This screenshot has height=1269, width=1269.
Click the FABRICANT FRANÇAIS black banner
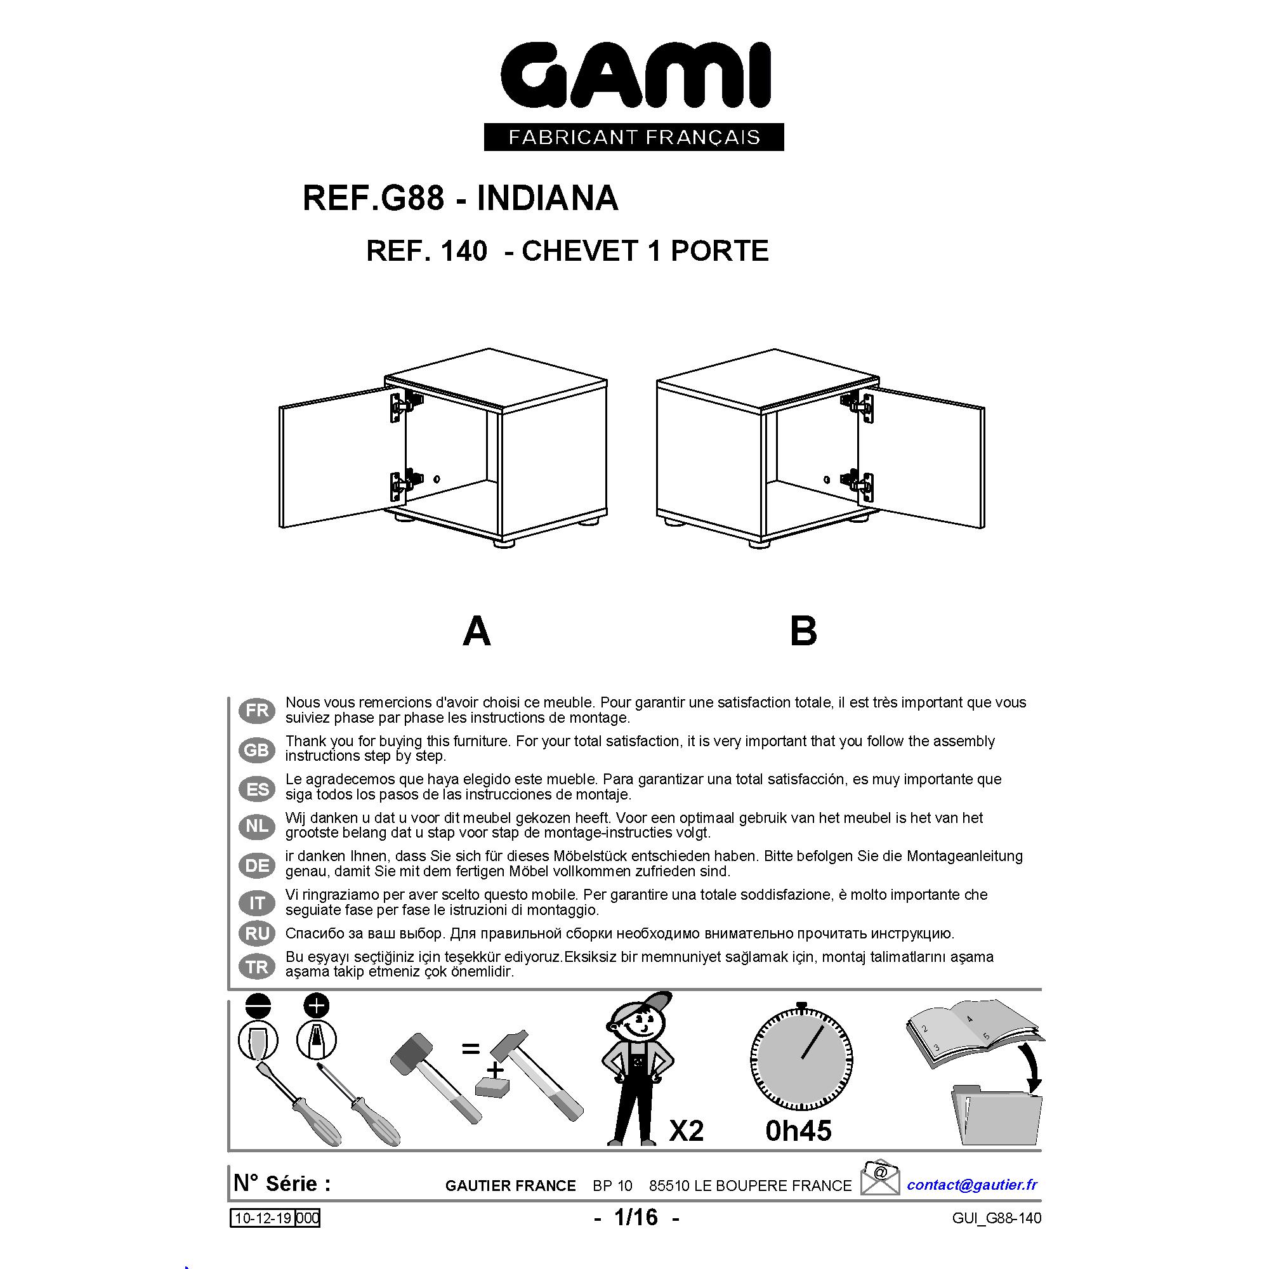pos(634,137)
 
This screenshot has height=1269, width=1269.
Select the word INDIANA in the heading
pos(548,198)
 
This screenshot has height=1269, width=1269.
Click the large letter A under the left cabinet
pos(477,631)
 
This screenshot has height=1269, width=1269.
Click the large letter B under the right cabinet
pos(803,631)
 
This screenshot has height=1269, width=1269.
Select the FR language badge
pos(257,710)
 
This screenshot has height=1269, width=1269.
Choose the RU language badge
pos(257,933)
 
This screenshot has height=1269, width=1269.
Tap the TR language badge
pos(257,966)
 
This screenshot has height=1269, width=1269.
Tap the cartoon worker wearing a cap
pos(637,1070)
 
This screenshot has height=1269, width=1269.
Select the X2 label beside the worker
pos(687,1131)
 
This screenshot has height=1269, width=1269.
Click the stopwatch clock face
pos(801,1058)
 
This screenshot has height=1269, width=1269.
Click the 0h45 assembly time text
pos(799,1131)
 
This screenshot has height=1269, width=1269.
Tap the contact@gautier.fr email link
pos(972,1184)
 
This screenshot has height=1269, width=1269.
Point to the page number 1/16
pos(635,1217)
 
